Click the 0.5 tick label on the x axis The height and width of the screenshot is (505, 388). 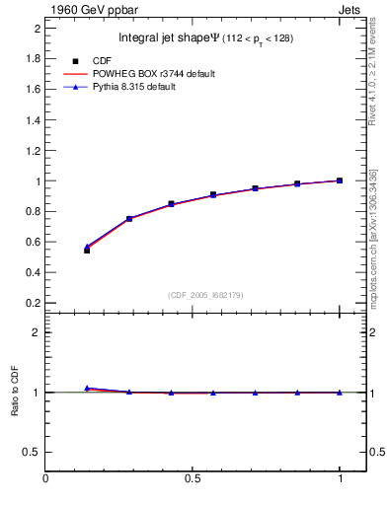(x=193, y=480)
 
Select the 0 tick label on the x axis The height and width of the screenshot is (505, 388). (x=45, y=480)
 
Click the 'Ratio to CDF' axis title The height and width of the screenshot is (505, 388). (x=15, y=392)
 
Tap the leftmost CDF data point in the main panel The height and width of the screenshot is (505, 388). (x=87, y=251)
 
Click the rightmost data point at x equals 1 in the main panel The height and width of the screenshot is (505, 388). (x=340, y=180)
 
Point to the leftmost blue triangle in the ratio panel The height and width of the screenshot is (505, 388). (x=87, y=389)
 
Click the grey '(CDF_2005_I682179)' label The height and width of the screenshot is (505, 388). (x=206, y=294)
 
